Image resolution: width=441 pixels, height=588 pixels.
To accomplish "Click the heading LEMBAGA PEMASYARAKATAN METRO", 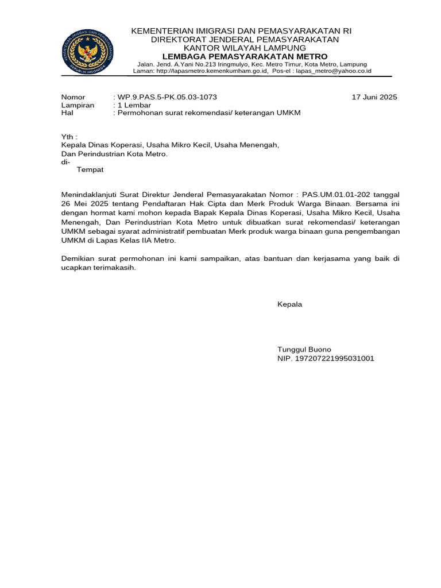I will coord(245,56).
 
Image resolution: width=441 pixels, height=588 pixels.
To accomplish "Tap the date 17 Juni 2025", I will coord(374,97).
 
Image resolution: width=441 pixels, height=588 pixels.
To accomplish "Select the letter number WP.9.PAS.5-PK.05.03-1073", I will coord(167,97).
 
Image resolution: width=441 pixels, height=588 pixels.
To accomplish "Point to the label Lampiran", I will coord(78,105).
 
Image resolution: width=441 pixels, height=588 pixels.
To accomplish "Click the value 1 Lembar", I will coord(134,105).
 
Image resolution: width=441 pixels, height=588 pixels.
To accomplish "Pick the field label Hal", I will coord(67,113).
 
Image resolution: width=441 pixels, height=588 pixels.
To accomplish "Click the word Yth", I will coord(68,137).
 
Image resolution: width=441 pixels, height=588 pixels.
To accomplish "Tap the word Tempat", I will coord(90,170).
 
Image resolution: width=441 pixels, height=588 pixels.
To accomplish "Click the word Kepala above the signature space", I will coord(289,304).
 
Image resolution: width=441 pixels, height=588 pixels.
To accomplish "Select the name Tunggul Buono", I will coord(304,349).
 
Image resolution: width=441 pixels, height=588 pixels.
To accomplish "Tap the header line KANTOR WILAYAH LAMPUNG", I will coord(245,48).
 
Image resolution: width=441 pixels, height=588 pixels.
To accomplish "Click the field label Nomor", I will coord(73,97).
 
